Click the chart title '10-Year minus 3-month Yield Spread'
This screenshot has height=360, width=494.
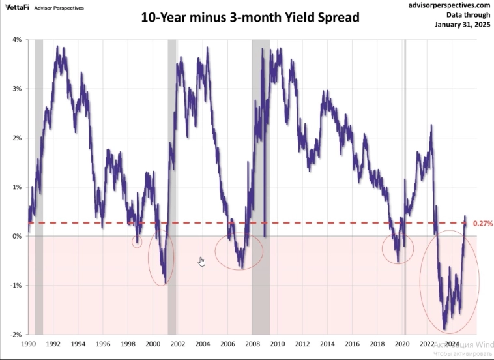[250, 18]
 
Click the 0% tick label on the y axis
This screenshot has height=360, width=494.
[18, 236]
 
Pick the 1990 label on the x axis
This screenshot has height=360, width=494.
[28, 343]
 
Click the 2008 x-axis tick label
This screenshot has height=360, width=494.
[252, 343]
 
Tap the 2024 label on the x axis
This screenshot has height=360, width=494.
[452, 343]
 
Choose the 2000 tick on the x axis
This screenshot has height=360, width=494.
[153, 343]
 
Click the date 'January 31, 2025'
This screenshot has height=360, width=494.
[462, 25]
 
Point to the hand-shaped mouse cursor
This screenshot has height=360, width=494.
[202, 262]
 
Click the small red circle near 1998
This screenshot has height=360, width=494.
[137, 242]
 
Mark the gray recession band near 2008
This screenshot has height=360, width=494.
[261, 130]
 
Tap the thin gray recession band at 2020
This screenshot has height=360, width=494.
[405, 130]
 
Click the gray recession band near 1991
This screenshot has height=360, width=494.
[38, 130]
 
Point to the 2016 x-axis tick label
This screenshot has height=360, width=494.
[352, 343]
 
